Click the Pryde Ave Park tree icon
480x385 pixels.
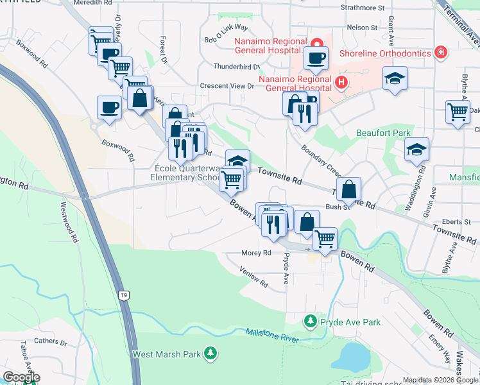(x=311, y=320)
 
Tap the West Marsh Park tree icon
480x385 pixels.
(x=210, y=353)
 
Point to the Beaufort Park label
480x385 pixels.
(x=384, y=133)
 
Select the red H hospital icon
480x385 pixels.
(x=341, y=82)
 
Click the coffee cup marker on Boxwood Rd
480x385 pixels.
(x=108, y=107)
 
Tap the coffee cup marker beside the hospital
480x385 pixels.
(x=316, y=58)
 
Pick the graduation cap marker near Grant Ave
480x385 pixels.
(x=395, y=79)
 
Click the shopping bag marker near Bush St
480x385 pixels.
(x=348, y=189)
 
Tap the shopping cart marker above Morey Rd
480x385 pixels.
(x=325, y=239)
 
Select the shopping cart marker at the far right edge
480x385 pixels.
(x=458, y=112)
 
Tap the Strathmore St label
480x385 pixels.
(x=363, y=8)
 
